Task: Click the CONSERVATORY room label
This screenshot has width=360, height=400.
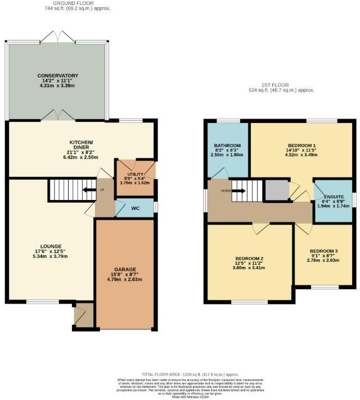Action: coord(58,75)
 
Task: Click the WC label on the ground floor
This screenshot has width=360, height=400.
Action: coord(135,208)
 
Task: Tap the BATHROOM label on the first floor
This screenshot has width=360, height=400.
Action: coord(229,146)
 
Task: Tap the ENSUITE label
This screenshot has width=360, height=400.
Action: coord(334,197)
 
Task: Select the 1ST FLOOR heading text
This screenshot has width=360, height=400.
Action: coord(282,84)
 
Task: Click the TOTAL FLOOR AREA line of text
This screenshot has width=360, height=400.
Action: coord(190,374)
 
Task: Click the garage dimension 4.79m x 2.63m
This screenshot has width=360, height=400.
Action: coord(125,279)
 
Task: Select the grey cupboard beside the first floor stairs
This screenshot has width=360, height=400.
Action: coord(276,190)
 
